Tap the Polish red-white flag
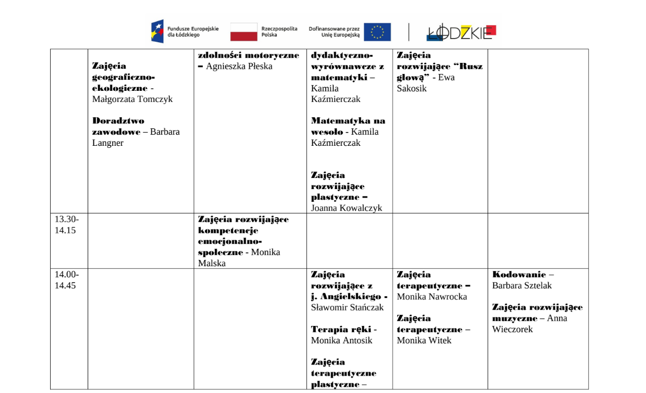coord(244,32)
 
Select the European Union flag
coord(377,32)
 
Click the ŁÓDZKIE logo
coord(461,32)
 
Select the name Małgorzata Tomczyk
coord(133,99)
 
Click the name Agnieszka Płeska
coord(239,67)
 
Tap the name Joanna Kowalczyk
coord(347,208)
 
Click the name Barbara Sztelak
coord(522,286)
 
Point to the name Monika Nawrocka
coord(432,297)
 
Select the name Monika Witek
coord(424,341)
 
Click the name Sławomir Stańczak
coord(348,307)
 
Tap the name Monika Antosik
coord(342,341)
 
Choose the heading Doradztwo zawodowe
coord(117,126)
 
